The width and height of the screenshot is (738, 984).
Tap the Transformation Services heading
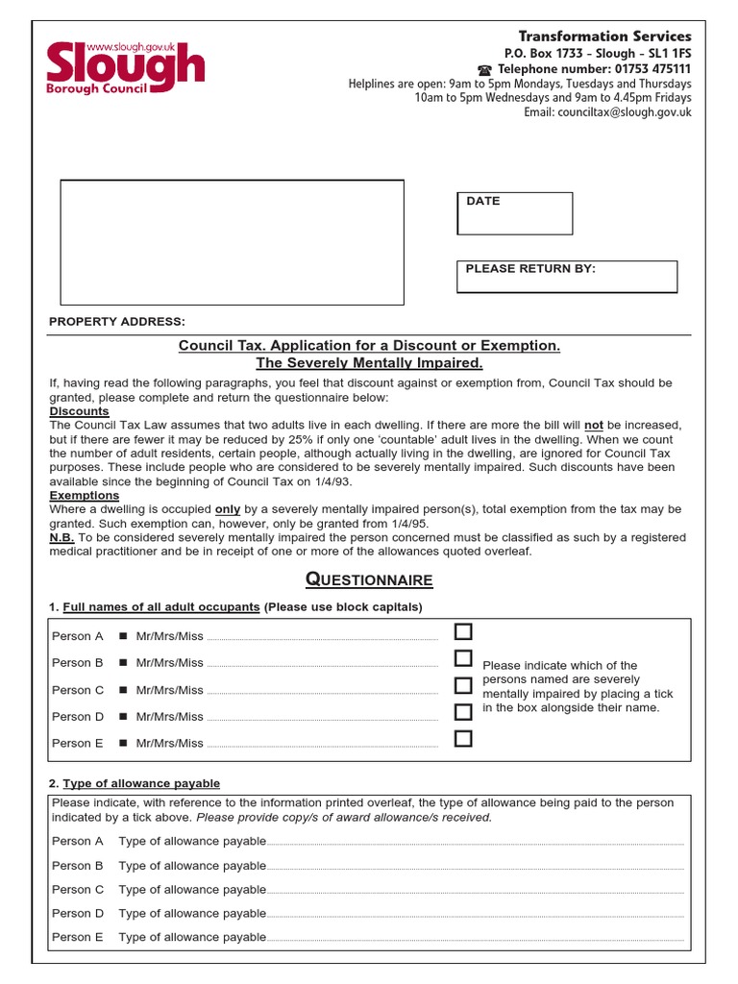[604, 37]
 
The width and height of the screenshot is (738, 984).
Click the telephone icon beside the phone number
[484, 70]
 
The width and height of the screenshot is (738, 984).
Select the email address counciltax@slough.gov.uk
[607, 112]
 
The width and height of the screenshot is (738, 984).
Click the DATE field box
[514, 213]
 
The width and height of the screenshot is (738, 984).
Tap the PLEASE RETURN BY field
[566, 277]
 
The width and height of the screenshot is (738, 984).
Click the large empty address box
[232, 242]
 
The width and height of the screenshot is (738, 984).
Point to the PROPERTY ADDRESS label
[117, 321]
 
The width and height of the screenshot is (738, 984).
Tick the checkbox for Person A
[464, 631]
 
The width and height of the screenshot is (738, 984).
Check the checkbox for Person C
[464, 685]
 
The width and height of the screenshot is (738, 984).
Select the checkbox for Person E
[464, 739]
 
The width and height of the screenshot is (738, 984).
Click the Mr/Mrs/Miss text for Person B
[170, 663]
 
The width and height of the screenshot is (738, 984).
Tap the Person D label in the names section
[78, 717]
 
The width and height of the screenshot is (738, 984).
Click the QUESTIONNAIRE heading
[369, 579]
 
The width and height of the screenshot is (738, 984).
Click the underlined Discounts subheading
[79, 411]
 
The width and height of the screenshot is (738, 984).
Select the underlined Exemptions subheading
[85, 496]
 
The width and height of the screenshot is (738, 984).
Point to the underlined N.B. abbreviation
[61, 537]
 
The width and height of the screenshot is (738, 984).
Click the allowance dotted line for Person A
[475, 843]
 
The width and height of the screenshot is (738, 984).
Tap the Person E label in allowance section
[78, 937]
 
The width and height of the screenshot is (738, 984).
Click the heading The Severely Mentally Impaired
[369, 363]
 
